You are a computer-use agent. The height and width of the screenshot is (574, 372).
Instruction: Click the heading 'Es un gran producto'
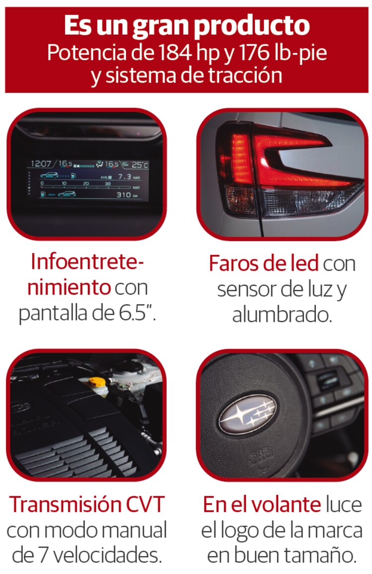(187, 26)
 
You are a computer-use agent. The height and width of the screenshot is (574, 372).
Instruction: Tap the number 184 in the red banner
(175, 52)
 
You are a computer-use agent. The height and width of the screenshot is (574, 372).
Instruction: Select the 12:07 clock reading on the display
(41, 163)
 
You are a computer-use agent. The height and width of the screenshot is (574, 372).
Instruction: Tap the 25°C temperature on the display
(140, 165)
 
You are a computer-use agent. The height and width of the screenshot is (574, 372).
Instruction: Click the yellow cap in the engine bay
(97, 383)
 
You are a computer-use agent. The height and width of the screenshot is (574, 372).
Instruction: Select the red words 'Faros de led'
(263, 263)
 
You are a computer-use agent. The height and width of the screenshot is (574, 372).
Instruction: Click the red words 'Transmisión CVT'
(87, 504)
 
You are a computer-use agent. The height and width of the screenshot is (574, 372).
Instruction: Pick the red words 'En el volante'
(262, 504)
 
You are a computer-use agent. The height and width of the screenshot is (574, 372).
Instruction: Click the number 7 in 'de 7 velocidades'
(43, 555)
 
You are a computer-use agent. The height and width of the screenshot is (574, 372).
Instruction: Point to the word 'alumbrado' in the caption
(282, 314)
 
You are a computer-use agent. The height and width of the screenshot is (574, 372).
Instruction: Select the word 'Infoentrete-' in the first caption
(87, 262)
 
